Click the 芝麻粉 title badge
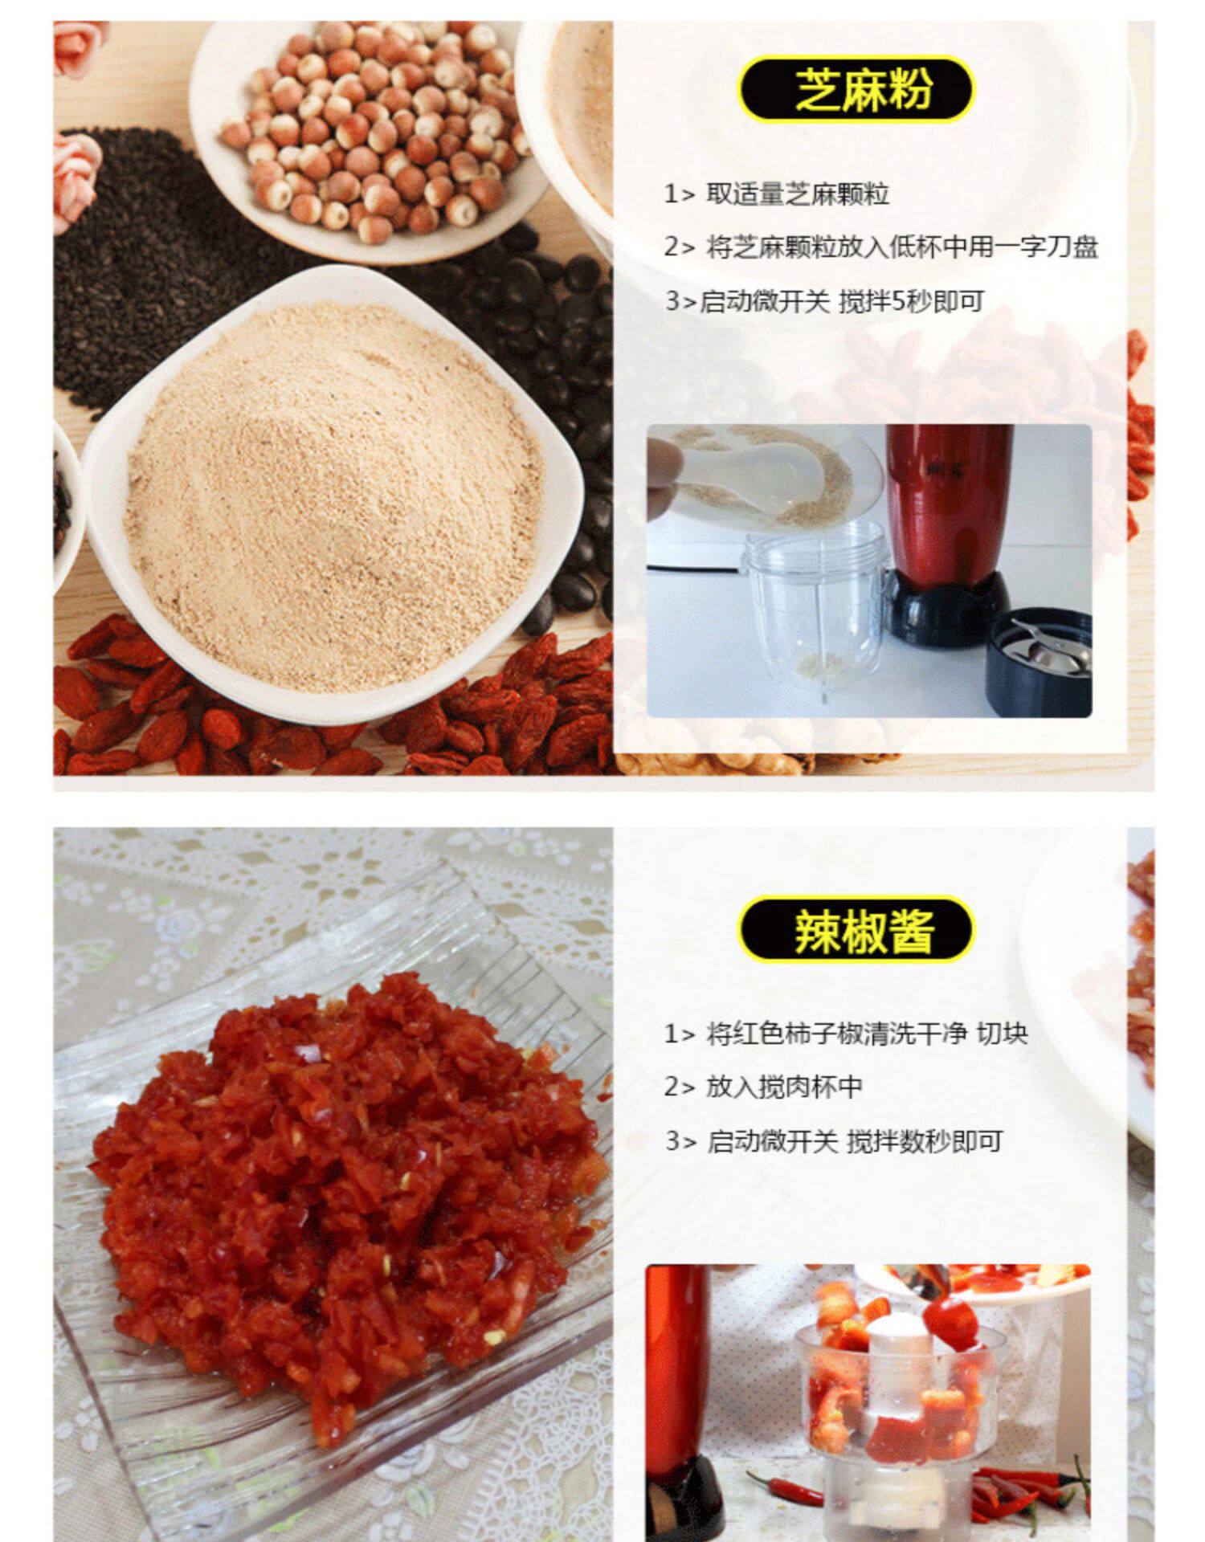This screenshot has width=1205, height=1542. pos(856,88)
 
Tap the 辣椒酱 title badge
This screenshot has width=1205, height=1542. pos(856,929)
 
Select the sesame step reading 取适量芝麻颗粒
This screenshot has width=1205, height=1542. pos(776,194)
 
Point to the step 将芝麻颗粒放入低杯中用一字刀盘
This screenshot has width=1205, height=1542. pos(880,247)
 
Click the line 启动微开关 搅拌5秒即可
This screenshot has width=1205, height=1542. pos(824,301)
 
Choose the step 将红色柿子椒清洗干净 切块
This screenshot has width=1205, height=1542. pos(845,1033)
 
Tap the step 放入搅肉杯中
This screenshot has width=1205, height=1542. pos(763,1087)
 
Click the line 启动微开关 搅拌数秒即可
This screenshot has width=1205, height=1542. pos(834,1140)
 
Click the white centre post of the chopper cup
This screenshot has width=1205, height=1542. pos(900,1357)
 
